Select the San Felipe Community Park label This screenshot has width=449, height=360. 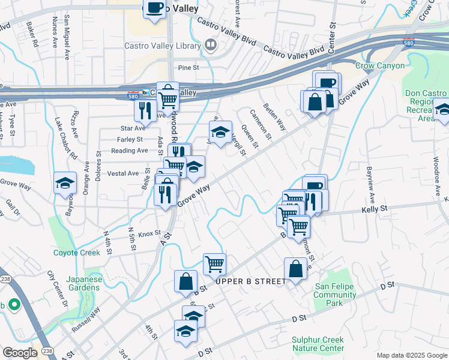(x=335, y=295)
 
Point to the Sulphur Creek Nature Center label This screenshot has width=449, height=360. (x=318, y=344)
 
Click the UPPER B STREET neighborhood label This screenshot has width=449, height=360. (x=250, y=281)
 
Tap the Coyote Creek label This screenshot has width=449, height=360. (x=76, y=253)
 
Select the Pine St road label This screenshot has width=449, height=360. (x=187, y=68)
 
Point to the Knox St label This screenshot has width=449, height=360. (x=149, y=233)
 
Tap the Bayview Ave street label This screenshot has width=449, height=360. (x=370, y=184)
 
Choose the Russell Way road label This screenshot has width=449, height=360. (x=86, y=320)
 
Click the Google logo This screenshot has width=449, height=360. (x=20, y=353)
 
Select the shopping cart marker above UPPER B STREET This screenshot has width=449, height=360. (x=214, y=263)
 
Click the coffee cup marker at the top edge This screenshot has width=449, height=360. (x=154, y=8)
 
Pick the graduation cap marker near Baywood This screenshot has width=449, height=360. (x=65, y=184)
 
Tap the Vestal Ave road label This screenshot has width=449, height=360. (x=118, y=173)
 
